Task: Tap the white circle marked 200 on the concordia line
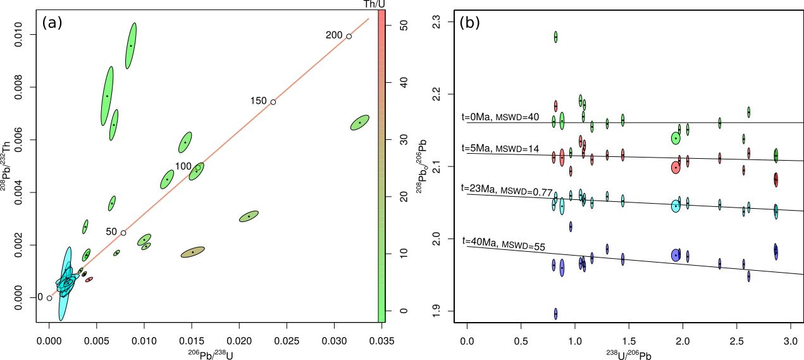(349, 36)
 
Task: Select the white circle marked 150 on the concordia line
(273, 102)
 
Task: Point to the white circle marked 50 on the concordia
(123, 233)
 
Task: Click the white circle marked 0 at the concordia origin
(49, 297)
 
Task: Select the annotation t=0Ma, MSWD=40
(500, 117)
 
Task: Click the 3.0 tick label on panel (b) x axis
(789, 341)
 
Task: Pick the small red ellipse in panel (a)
(89, 279)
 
